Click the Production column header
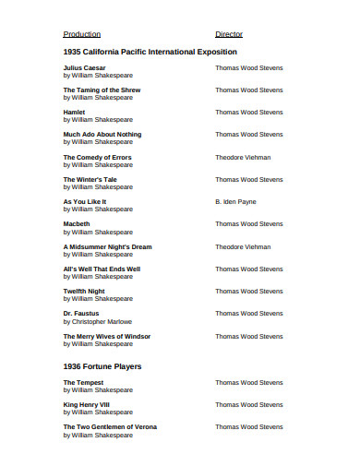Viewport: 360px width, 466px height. tap(81, 34)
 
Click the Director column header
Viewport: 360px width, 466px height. tap(228, 34)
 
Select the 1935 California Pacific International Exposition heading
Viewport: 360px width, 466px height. tap(150, 52)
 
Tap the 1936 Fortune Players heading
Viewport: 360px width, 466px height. tap(102, 366)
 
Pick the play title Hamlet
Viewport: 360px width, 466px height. tap(74, 112)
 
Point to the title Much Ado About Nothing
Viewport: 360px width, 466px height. tap(102, 135)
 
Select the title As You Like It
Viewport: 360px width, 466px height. tap(84, 201)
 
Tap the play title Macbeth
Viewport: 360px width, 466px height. tap(77, 224)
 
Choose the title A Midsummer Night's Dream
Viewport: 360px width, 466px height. tap(107, 246)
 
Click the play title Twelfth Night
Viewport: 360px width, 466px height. tap(83, 292)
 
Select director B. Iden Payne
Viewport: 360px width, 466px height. tap(235, 201)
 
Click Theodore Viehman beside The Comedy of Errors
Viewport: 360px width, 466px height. tap(243, 157)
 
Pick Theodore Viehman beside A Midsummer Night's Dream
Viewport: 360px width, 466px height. tap(243, 246)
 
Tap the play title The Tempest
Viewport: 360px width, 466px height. tap(83, 382)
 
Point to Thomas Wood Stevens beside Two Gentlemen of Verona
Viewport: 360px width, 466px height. tap(248, 426)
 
